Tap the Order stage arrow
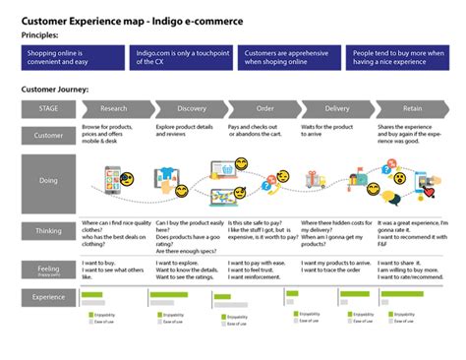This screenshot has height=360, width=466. click(264, 108)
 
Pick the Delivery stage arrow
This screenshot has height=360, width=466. click(336, 108)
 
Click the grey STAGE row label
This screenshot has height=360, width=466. click(48, 108)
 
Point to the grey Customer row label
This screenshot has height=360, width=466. click(48, 136)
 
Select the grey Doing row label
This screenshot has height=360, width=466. click(48, 181)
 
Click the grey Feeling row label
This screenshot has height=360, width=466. click(48, 267)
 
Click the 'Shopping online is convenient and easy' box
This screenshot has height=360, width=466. click(74, 57)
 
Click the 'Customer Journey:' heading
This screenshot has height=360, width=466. click(55, 90)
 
